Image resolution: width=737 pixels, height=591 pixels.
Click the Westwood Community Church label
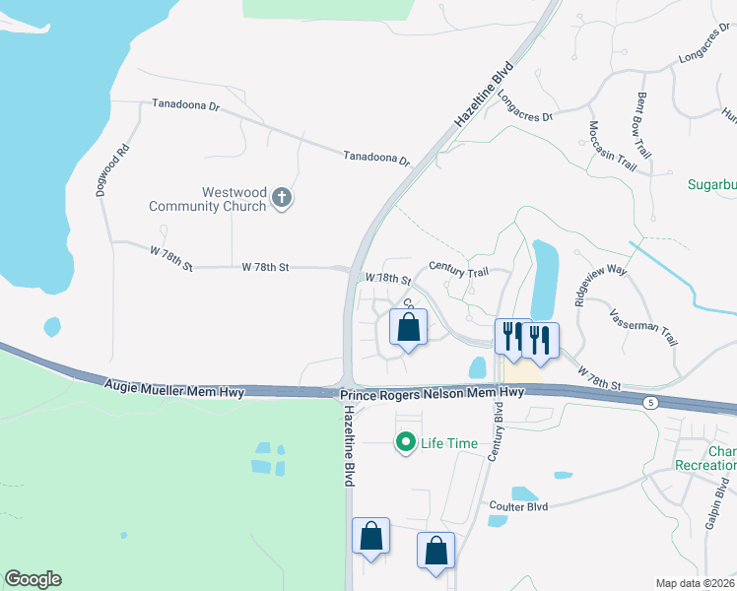[x=207, y=199]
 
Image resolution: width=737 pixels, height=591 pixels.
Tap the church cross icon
[x=282, y=199]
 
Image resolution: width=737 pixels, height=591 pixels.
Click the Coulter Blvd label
[x=518, y=507]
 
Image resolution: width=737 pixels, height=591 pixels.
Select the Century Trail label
[x=458, y=267]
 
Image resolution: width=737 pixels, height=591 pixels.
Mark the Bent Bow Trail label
[x=644, y=126]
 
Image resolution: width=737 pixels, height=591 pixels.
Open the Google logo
[x=33, y=579]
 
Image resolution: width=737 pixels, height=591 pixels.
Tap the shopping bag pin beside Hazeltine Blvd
[x=371, y=537]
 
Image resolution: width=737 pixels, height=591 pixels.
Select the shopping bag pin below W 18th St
[x=409, y=328]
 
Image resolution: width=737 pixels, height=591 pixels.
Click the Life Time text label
[x=449, y=443]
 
